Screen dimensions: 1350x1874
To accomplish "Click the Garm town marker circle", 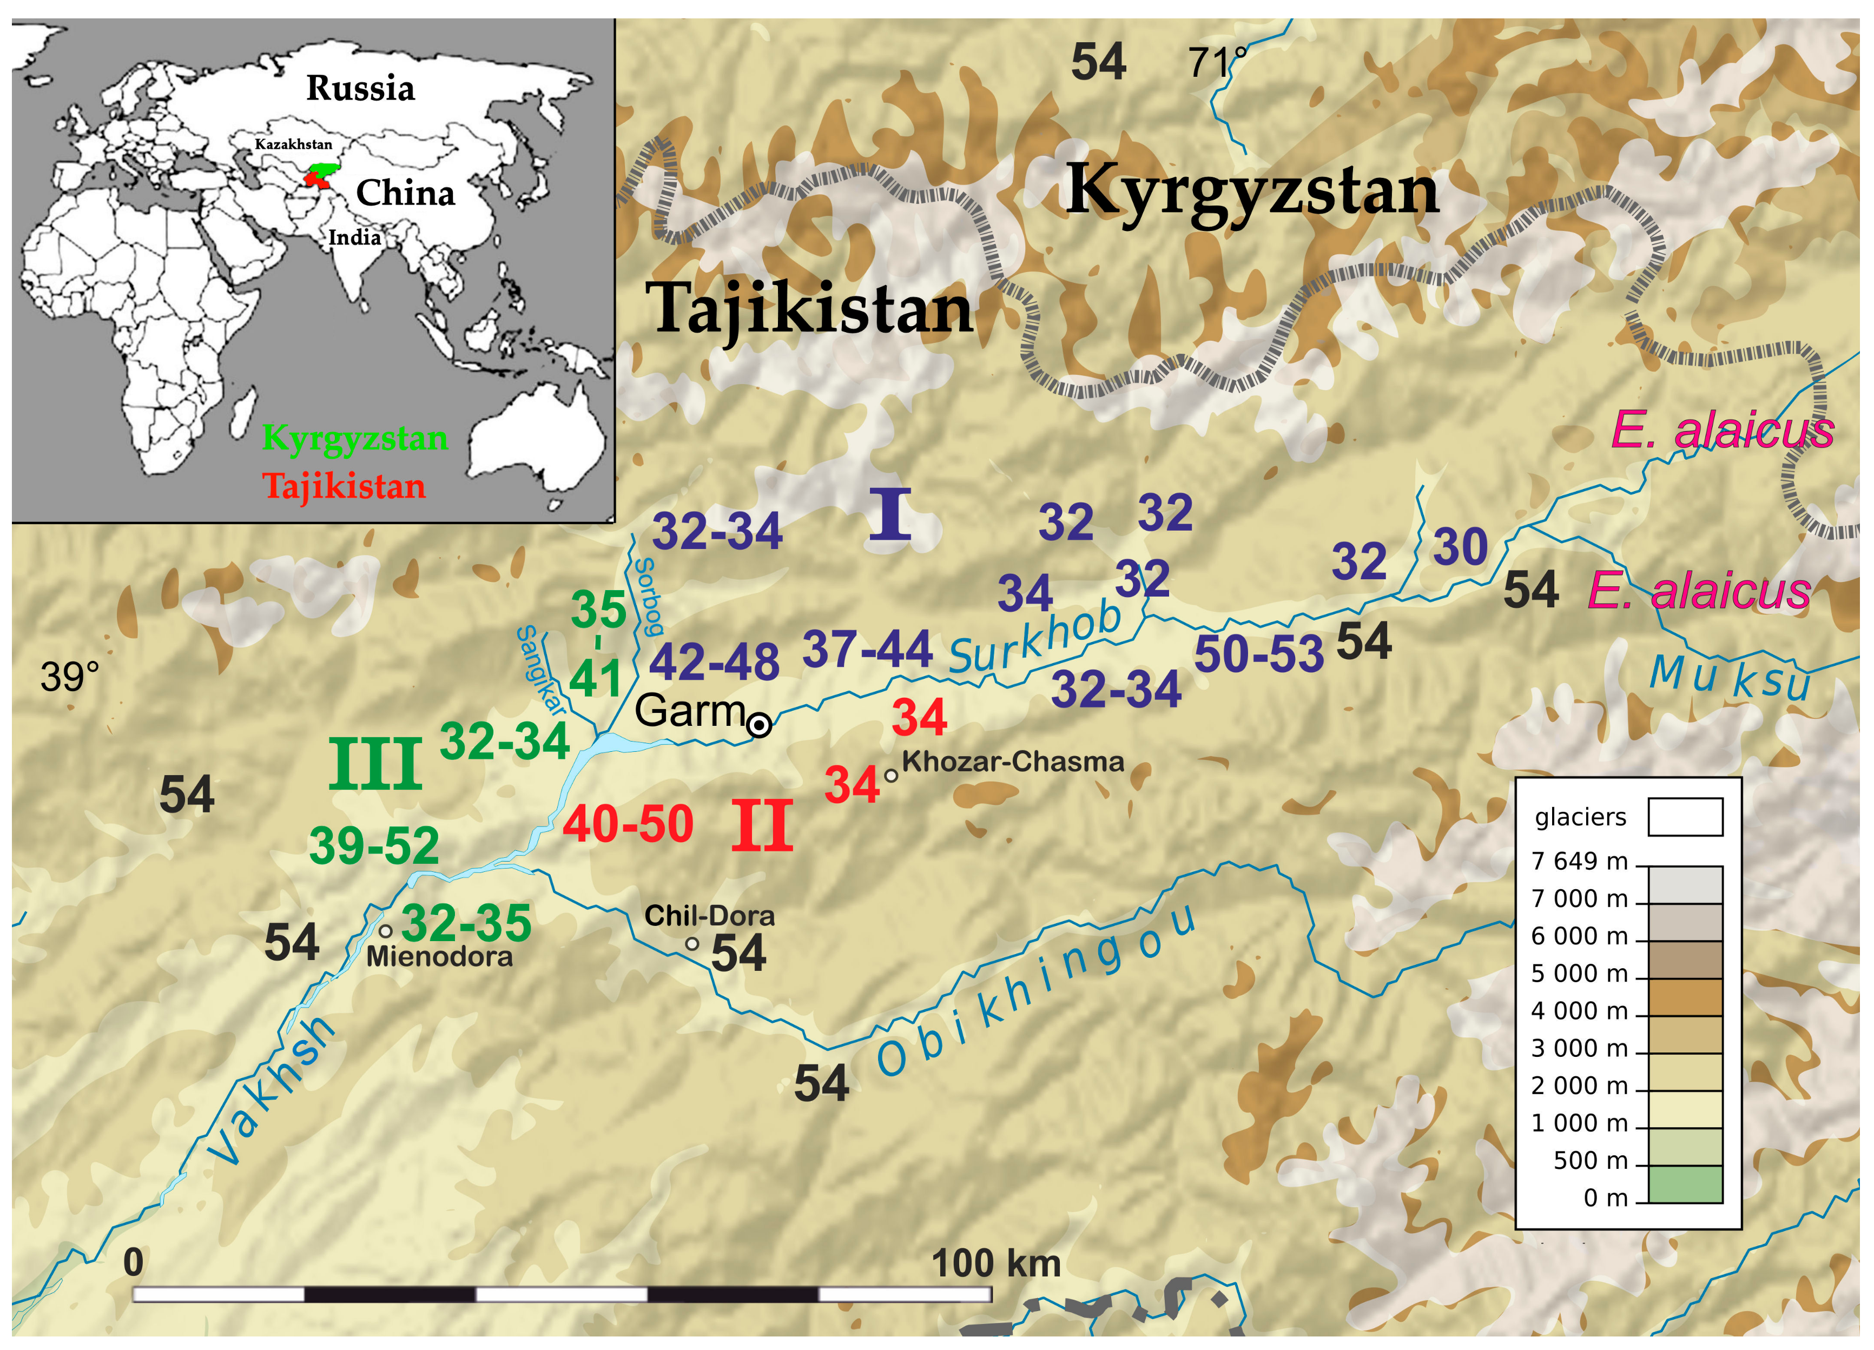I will pos(758,725).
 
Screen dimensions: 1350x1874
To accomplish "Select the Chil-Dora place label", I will pos(709,916).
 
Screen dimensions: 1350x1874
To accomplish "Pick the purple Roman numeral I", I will pos(890,515).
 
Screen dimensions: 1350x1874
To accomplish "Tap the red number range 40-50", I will pos(628,824).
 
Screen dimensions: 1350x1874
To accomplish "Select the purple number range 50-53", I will pos(1258,654).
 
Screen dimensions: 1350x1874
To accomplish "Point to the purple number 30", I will pos(1460,547).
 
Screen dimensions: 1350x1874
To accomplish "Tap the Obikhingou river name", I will pos(1037,991).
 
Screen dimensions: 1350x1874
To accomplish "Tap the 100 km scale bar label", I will pos(995,1263).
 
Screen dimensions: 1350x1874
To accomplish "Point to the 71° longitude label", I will pos(1216,62).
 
